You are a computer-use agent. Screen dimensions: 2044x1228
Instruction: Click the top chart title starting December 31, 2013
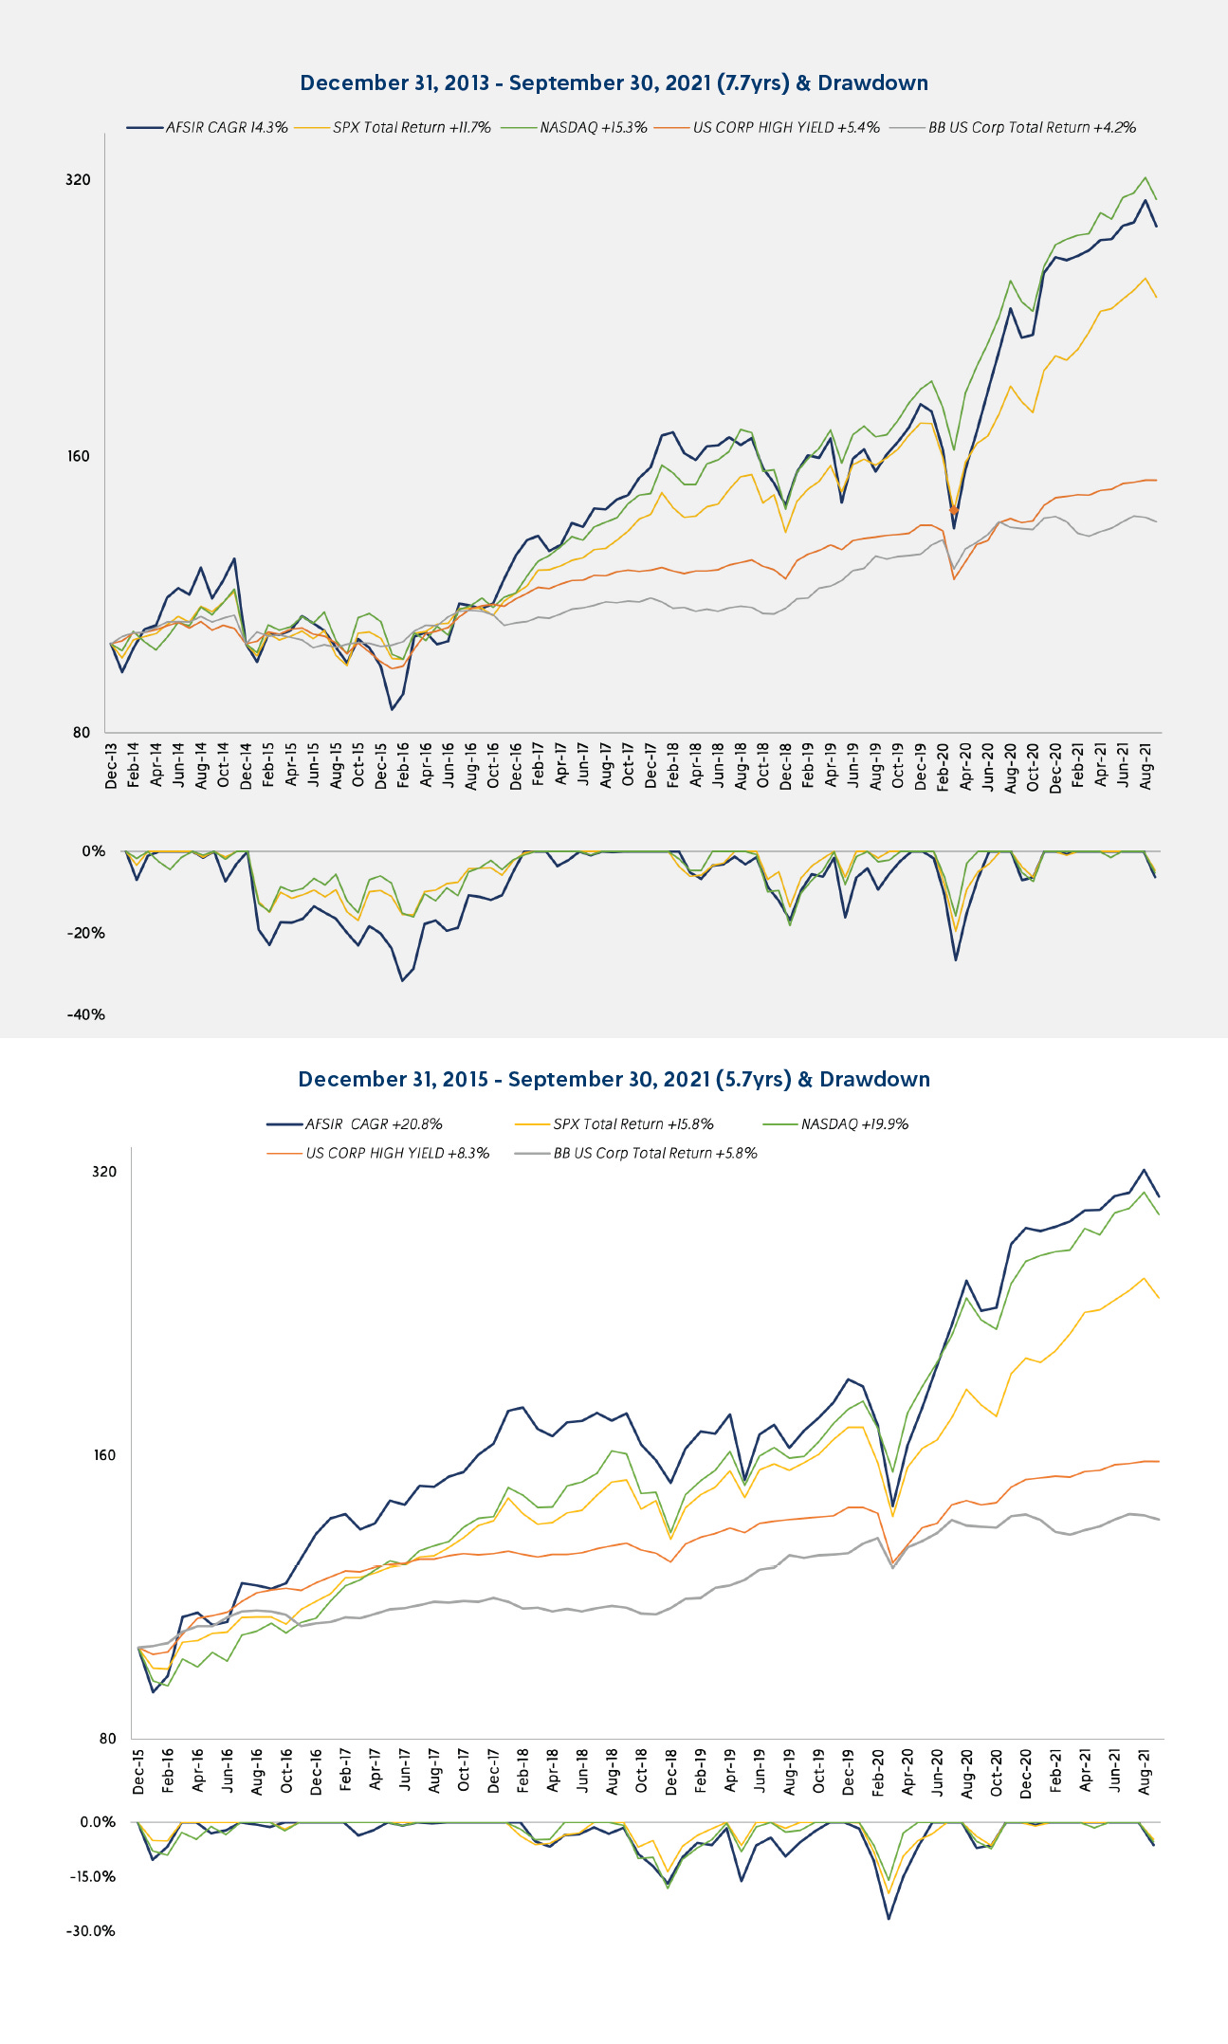click(614, 83)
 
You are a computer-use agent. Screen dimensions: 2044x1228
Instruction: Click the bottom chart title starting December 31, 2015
click(614, 1080)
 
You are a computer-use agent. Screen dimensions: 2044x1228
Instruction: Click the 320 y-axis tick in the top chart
click(79, 180)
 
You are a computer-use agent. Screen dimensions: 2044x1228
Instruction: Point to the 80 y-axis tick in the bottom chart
click(107, 1739)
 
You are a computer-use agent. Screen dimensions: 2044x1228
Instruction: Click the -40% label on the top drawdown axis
click(85, 1015)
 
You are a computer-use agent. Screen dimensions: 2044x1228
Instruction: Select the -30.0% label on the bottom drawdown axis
click(91, 1931)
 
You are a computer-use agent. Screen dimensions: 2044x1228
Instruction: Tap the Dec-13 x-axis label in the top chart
click(112, 766)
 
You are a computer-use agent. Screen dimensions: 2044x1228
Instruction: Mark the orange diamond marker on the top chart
click(954, 510)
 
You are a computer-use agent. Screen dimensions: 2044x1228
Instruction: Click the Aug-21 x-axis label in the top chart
click(1147, 766)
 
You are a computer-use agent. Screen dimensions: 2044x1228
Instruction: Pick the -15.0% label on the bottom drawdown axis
click(91, 1877)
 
